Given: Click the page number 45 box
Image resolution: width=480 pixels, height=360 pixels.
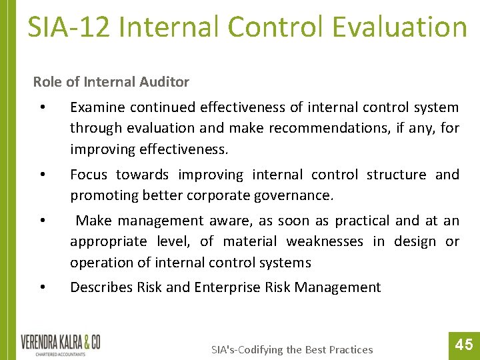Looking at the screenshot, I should (x=463, y=344).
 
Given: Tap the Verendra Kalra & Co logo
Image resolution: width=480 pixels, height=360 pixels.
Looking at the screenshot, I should (x=61, y=344).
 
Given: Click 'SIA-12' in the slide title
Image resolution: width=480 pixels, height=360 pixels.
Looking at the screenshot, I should (x=65, y=27).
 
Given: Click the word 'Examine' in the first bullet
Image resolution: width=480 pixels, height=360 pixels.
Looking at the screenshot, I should (x=97, y=107).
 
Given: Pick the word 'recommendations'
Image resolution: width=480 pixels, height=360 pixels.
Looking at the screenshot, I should (x=313, y=128).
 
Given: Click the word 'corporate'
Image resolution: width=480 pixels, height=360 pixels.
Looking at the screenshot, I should (x=220, y=196).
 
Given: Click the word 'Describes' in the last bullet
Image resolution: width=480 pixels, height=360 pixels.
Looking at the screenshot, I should (x=101, y=287).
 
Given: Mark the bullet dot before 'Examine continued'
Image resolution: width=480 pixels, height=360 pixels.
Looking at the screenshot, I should (x=42, y=108).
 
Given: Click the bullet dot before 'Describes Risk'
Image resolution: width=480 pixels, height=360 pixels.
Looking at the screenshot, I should (x=42, y=288).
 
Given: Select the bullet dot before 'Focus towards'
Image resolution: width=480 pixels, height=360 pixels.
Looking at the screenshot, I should (x=42, y=175).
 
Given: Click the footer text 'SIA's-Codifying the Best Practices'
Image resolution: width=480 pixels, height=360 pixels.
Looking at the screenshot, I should (x=292, y=349).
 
